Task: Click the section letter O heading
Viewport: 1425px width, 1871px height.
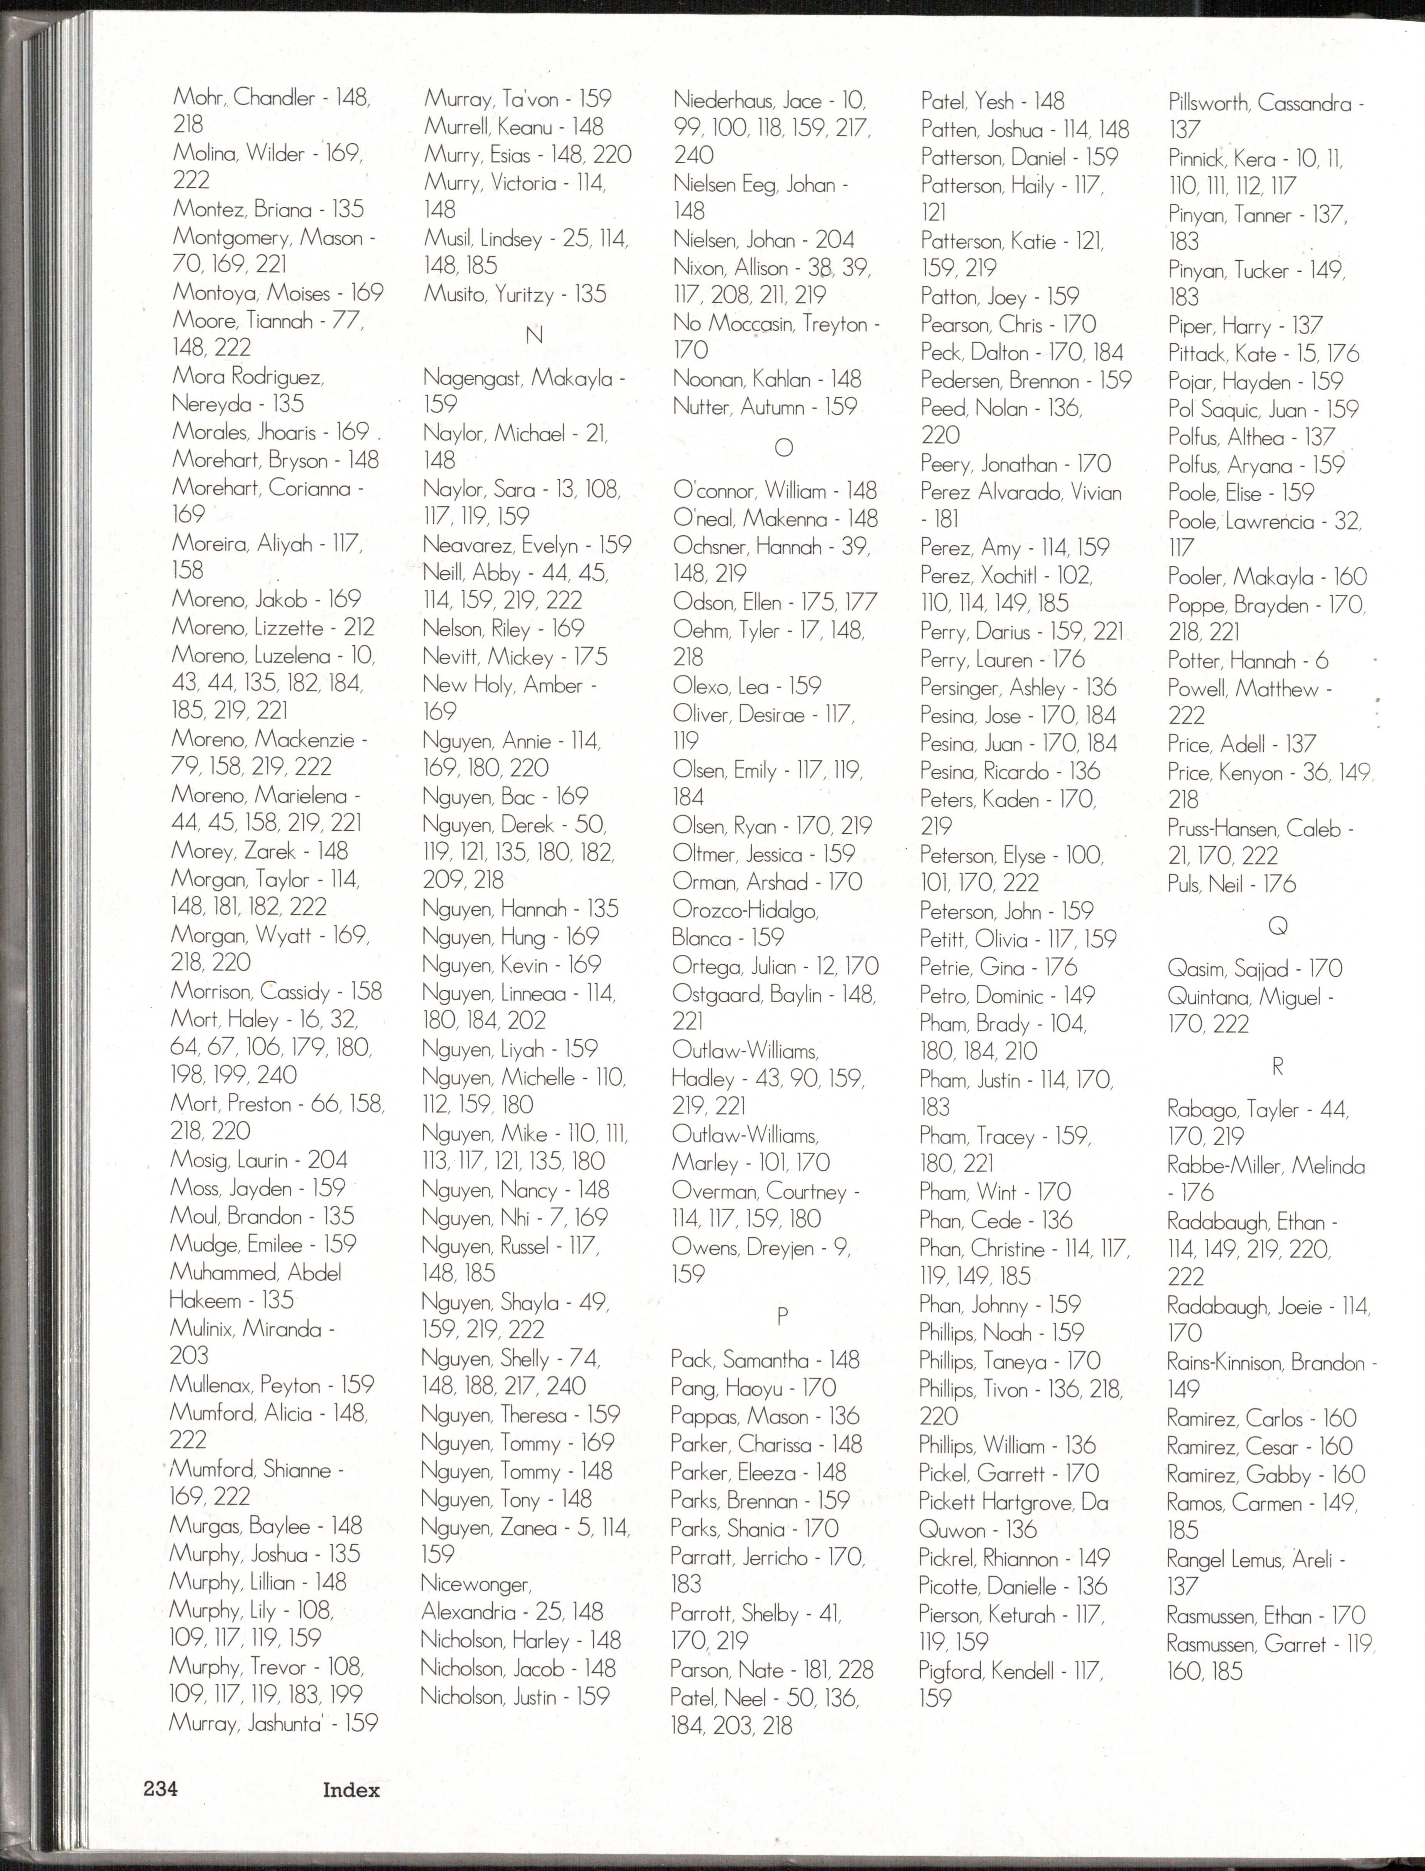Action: pyautogui.click(x=784, y=447)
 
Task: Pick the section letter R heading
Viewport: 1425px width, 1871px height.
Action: pyautogui.click(x=1277, y=1067)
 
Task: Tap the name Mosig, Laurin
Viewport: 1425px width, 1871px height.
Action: pyautogui.click(x=229, y=1160)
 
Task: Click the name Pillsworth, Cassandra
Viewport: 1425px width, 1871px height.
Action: pyautogui.click(x=1260, y=103)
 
